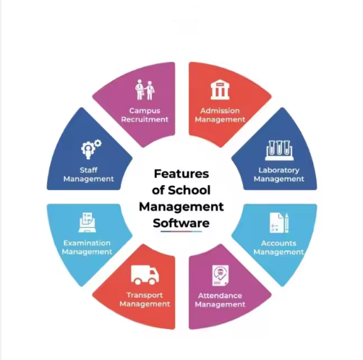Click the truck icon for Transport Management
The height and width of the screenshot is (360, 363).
point(145,275)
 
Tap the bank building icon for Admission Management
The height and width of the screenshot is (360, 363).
point(220,90)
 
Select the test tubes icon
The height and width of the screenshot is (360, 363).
point(279,150)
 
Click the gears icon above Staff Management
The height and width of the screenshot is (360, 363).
point(91,149)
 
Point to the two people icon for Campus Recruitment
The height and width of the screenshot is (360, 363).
point(145,90)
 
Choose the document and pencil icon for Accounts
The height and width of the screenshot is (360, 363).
point(279,223)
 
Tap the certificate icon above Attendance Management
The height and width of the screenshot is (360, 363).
point(221,275)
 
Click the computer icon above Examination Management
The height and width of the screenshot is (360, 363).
point(87,222)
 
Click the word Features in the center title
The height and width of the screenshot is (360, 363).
point(181,173)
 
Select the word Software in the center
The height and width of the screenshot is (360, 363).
point(181,223)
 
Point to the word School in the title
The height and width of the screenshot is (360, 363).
point(189,190)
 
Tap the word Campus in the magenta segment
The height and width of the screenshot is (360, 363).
point(145,111)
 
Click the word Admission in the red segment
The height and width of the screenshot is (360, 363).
point(220,111)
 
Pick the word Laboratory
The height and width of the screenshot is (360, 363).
point(279,171)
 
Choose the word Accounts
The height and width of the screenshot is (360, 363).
point(278,243)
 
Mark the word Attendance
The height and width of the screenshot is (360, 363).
point(220,296)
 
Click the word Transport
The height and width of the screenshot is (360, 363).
point(145,295)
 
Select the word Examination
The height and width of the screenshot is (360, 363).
point(87,243)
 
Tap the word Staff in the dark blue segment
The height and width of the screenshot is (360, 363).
point(88,170)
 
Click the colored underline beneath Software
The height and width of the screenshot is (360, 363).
point(181,231)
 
